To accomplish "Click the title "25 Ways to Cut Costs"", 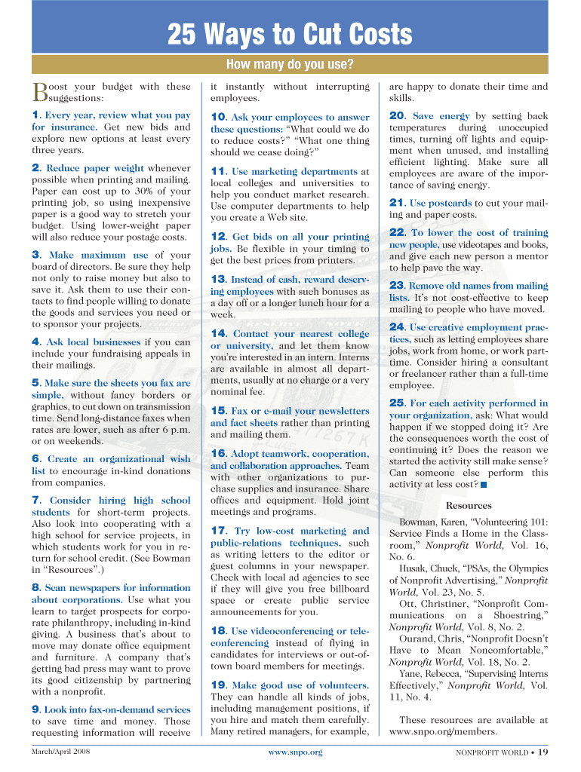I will click(290, 34).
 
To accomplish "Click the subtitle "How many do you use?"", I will click(290, 64).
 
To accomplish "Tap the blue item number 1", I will click(35, 115).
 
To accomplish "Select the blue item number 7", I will click(35, 501).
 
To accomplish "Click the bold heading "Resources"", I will click(469, 506).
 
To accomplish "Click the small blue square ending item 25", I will click(484, 484).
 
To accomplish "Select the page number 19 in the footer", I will click(543, 752).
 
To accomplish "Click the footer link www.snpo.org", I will click(295, 752).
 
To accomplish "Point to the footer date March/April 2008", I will click(61, 752).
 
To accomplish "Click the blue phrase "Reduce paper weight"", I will click(96, 168).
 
